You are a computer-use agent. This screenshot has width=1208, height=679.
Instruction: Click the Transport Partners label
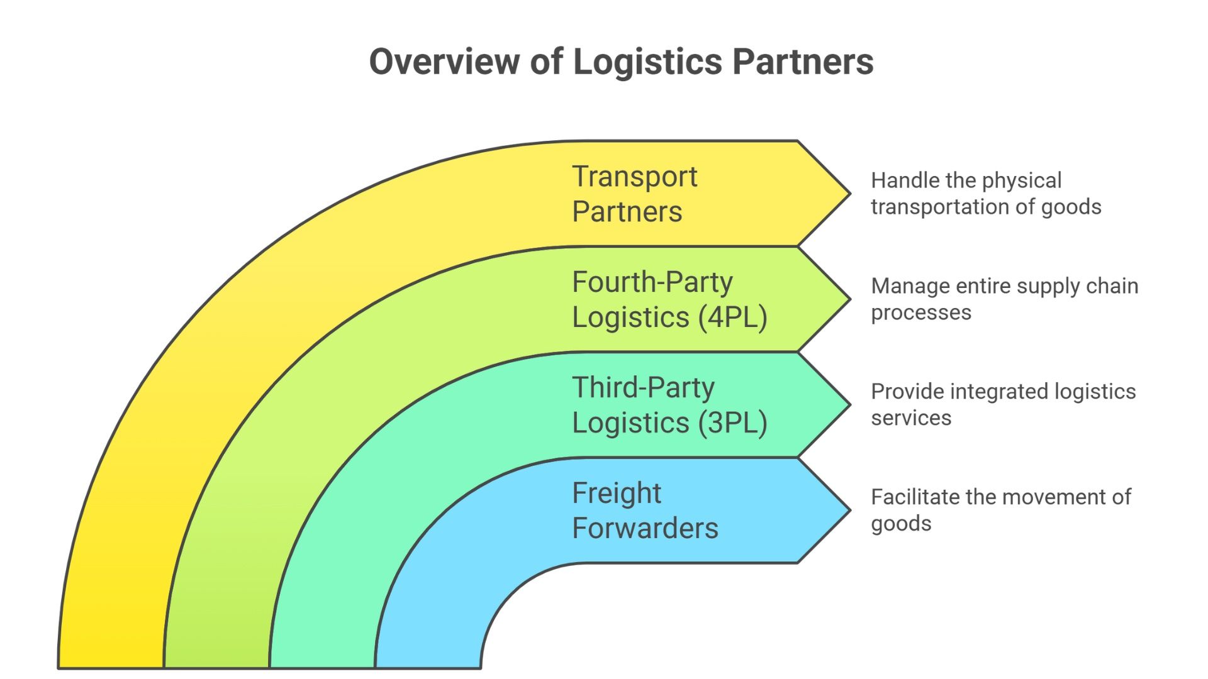click(634, 194)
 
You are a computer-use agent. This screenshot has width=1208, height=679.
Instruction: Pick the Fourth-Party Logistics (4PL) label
click(669, 299)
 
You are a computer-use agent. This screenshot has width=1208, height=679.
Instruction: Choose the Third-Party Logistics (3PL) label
click(669, 405)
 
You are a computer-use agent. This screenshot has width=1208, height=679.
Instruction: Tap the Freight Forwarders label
click(644, 511)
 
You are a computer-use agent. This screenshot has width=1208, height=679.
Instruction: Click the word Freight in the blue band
click(616, 493)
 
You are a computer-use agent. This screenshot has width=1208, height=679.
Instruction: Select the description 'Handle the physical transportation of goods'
click(985, 194)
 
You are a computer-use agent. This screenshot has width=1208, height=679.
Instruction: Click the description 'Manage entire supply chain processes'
click(1004, 299)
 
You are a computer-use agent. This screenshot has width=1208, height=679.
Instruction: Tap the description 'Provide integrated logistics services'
click(1003, 405)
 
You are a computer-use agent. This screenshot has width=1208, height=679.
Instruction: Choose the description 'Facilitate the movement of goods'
click(1000, 511)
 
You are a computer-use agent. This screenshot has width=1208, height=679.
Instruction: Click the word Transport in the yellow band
click(634, 177)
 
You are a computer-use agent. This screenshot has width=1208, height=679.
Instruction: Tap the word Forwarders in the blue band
click(644, 528)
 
